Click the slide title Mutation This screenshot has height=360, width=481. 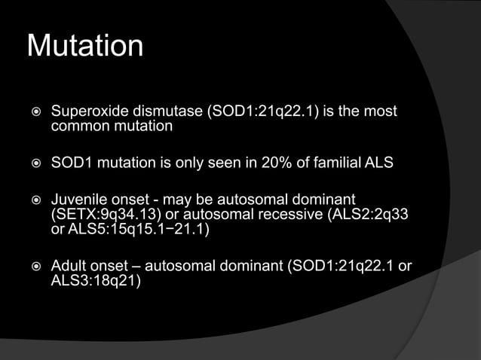84,46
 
